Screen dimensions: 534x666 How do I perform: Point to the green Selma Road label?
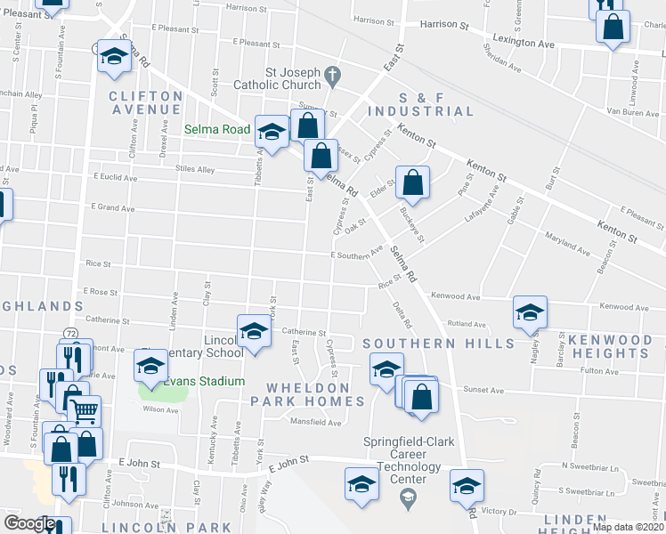click(217, 130)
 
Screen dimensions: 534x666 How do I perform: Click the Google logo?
click(29, 523)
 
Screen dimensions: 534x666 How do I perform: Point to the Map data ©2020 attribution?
click(628, 527)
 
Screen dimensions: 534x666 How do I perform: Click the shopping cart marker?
click(84, 410)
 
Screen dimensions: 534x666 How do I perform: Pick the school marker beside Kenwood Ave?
click(530, 312)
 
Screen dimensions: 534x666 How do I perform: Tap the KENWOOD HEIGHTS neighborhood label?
click(610, 347)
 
